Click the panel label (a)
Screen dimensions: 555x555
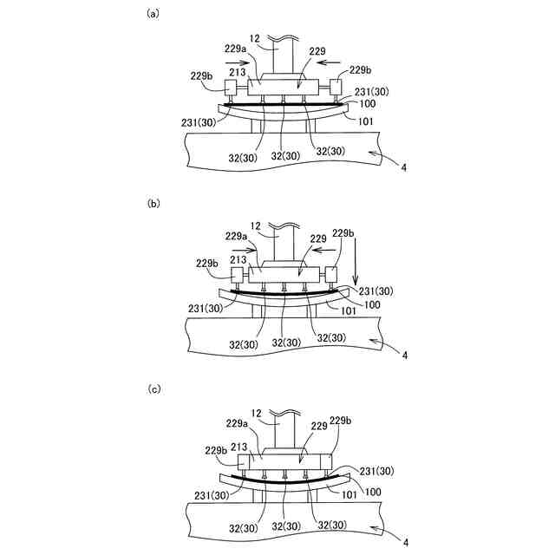point(153,14)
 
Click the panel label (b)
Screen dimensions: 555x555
point(153,204)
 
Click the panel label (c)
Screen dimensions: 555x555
point(154,389)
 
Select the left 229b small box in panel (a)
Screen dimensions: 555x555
point(231,88)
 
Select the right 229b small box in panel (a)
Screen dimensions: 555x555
point(336,87)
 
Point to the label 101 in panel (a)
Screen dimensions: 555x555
point(365,121)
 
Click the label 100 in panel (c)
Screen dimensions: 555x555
point(373,492)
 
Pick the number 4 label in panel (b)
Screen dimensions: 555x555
point(405,355)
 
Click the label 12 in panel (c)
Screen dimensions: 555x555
point(256,413)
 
